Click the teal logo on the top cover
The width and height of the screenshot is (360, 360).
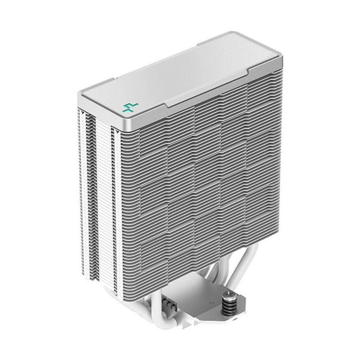130,107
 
